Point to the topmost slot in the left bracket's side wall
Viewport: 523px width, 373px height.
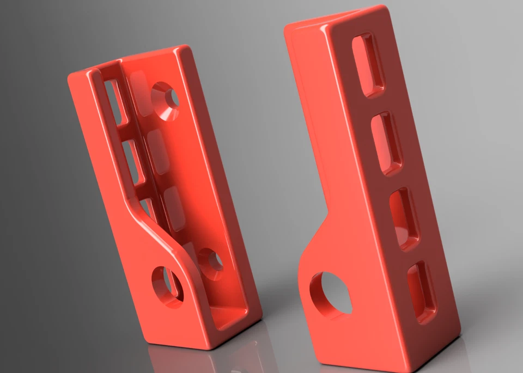(x=115, y=101)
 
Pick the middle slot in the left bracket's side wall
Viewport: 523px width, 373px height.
(x=131, y=161)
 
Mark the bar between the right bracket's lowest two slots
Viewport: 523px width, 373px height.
(x=413, y=256)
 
